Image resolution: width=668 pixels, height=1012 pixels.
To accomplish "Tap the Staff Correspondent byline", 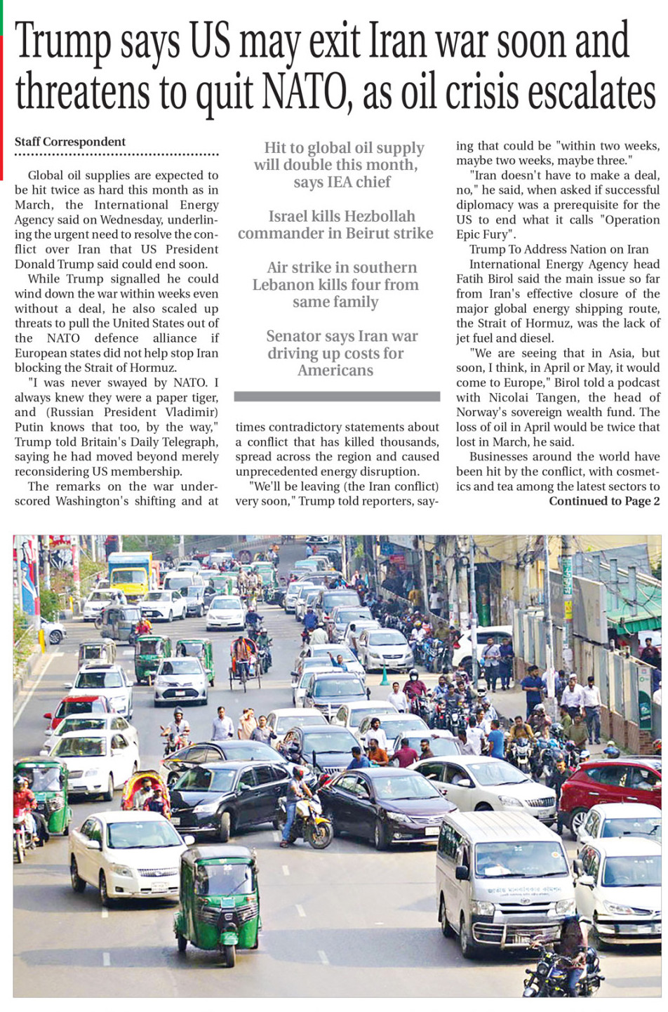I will [70, 142].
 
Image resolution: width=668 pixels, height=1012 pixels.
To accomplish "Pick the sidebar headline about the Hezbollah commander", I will [335, 225].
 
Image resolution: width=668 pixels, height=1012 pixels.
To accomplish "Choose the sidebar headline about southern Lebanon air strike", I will [335, 285].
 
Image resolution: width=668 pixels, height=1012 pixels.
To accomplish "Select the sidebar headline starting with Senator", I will [335, 353].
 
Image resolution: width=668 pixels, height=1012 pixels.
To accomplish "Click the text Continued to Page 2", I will [604, 501].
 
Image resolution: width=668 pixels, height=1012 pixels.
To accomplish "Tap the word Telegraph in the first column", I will [189, 442].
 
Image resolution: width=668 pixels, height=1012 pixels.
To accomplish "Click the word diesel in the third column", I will [535, 338].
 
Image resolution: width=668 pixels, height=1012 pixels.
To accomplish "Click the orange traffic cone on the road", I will [385, 677].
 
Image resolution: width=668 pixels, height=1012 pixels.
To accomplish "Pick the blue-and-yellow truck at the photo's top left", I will [130, 572].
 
